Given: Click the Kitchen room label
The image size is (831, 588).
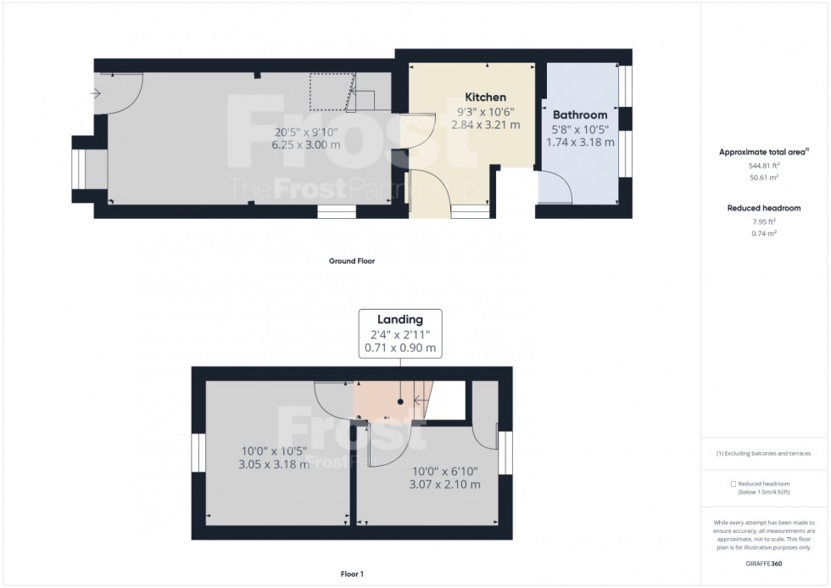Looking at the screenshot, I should [485, 98].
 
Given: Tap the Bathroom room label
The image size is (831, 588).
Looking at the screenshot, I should [580, 115].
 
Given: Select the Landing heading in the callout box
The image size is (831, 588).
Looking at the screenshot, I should [400, 320].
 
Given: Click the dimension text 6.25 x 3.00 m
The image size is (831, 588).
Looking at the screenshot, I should [306, 145].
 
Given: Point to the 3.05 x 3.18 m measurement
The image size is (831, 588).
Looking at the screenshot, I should [274, 464].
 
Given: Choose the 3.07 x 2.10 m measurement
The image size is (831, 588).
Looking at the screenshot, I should [446, 484].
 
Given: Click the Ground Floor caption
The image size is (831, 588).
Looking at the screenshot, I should [351, 261].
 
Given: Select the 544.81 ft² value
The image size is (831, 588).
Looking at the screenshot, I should [762, 166].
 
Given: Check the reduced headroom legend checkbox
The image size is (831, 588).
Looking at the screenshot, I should [733, 484].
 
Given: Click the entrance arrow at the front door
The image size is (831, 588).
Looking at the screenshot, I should [94, 93].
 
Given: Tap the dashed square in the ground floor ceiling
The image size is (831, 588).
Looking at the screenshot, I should [329, 92].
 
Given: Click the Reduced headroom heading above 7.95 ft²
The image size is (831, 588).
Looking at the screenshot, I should [762, 208].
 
